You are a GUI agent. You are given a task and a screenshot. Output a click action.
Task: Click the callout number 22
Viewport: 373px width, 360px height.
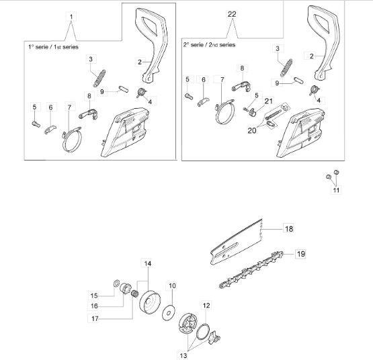pyautogui.click(x=232, y=14)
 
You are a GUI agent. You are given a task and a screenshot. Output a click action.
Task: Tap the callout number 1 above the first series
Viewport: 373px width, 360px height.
pyautogui.click(x=71, y=17)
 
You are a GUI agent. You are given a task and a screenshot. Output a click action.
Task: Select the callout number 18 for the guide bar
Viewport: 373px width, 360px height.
pyautogui.click(x=289, y=229)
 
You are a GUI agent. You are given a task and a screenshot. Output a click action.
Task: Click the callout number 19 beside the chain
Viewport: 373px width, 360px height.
pyautogui.click(x=300, y=254)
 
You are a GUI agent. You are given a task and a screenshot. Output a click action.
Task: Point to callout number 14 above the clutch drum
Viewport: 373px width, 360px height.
pyautogui.click(x=147, y=263)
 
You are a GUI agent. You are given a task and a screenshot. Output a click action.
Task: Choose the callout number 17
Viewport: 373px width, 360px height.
pyautogui.click(x=95, y=318)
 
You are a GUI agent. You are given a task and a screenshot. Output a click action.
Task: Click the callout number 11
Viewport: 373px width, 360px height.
pyautogui.click(x=336, y=190)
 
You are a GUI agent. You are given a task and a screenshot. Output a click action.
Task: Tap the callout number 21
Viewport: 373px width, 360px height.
pyautogui.click(x=269, y=101)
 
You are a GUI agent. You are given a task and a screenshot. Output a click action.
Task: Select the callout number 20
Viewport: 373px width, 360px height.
pyautogui.click(x=252, y=130)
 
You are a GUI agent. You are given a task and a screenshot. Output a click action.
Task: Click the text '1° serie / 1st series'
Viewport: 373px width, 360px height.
pyautogui.click(x=53, y=47)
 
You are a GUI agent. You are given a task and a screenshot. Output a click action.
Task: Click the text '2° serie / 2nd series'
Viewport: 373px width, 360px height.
pyautogui.click(x=209, y=45)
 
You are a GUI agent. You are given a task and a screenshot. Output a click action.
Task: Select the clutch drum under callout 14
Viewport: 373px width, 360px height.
pyautogui.click(x=149, y=302)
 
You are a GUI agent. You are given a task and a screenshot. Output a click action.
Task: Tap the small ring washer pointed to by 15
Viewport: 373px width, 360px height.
pyautogui.click(x=116, y=283)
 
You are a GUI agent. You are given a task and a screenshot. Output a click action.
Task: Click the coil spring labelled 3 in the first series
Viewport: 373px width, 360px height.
pyautogui.click(x=99, y=78)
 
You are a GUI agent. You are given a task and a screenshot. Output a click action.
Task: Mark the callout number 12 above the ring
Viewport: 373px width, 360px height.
pyautogui.click(x=206, y=306)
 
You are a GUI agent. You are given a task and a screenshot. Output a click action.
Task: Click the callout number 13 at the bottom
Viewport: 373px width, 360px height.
pyautogui.click(x=183, y=355)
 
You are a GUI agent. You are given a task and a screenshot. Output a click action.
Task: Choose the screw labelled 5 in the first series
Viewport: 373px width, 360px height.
pyautogui.click(x=36, y=124)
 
